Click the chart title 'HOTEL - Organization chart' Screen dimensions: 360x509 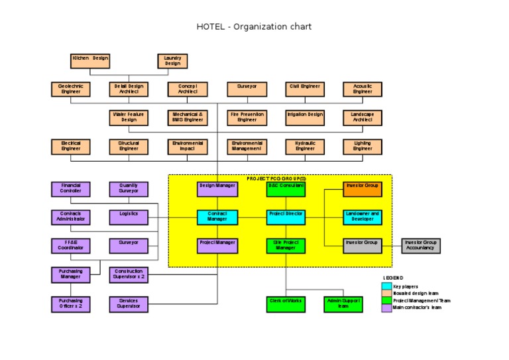click(254, 27)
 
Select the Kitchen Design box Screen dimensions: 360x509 click(90, 61)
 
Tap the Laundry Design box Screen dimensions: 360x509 click(172, 61)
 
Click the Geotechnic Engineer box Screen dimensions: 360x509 click(71, 89)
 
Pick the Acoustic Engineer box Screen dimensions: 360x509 click(363, 89)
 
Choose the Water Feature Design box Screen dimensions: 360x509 click(129, 117)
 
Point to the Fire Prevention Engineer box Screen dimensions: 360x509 click(247, 117)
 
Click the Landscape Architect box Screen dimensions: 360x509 click(363, 117)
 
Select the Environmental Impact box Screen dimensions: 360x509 click(188, 146)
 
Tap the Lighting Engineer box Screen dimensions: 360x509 click(363, 146)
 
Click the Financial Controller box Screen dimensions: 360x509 click(71, 189)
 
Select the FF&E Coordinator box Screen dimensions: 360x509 click(71, 246)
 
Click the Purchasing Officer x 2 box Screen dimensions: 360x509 click(71, 304)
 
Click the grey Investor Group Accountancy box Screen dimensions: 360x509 click(421, 246)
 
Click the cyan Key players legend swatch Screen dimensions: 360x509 click(386, 286)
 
